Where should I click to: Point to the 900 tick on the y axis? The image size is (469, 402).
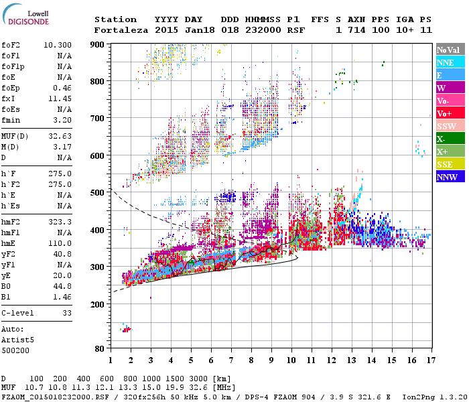[x=98, y=44]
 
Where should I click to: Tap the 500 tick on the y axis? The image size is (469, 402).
[x=98, y=193]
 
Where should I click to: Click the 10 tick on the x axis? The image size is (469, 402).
[x=291, y=360]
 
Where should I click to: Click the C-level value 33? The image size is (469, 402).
[x=67, y=313]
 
